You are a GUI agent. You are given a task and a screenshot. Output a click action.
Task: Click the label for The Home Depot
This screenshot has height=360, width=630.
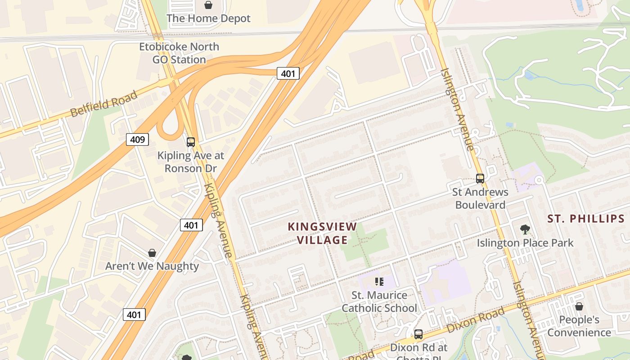coord(208,18)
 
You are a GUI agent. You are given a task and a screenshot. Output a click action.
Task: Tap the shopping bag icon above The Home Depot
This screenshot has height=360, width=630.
coord(208,5)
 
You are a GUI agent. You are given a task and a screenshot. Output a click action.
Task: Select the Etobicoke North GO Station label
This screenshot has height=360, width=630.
coord(179,53)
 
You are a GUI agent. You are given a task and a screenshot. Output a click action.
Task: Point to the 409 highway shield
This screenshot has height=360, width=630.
coord(137,139)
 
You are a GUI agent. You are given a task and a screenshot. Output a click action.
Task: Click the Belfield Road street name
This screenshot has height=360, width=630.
coord(104,104)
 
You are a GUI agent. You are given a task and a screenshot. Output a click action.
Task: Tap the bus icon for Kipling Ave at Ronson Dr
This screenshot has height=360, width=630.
coord(191,142)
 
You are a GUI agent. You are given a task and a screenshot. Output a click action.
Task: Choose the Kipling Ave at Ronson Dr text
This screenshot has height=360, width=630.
coord(190,162)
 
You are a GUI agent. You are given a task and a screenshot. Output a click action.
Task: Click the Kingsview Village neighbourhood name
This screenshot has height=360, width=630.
coord(322,233)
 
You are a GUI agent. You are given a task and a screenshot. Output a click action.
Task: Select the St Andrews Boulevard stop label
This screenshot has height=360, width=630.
coord(480,198)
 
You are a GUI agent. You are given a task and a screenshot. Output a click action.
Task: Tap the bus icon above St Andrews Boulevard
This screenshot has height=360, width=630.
coord(480,179)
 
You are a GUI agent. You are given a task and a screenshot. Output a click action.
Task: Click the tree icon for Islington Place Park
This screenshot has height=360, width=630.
coord(525,229)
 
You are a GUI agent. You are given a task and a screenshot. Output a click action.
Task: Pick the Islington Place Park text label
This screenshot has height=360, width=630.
coord(525,243)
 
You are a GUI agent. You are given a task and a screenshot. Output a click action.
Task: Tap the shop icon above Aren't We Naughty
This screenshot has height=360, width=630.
coord(152,253)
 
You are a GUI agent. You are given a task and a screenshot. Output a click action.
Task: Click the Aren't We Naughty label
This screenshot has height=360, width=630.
coord(152,266)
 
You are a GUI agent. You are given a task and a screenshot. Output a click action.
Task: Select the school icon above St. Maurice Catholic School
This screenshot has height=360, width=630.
coord(379,282)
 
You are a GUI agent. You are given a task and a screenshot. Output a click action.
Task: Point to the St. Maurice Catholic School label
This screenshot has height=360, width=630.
coord(379,301)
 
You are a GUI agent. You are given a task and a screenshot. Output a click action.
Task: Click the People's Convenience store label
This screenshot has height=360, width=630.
coord(579,326)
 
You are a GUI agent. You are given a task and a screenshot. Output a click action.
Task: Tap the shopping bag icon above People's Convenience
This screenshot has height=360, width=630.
coord(579,306)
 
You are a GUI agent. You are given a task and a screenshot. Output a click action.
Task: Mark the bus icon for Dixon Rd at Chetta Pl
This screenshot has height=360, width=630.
coord(418,334)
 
